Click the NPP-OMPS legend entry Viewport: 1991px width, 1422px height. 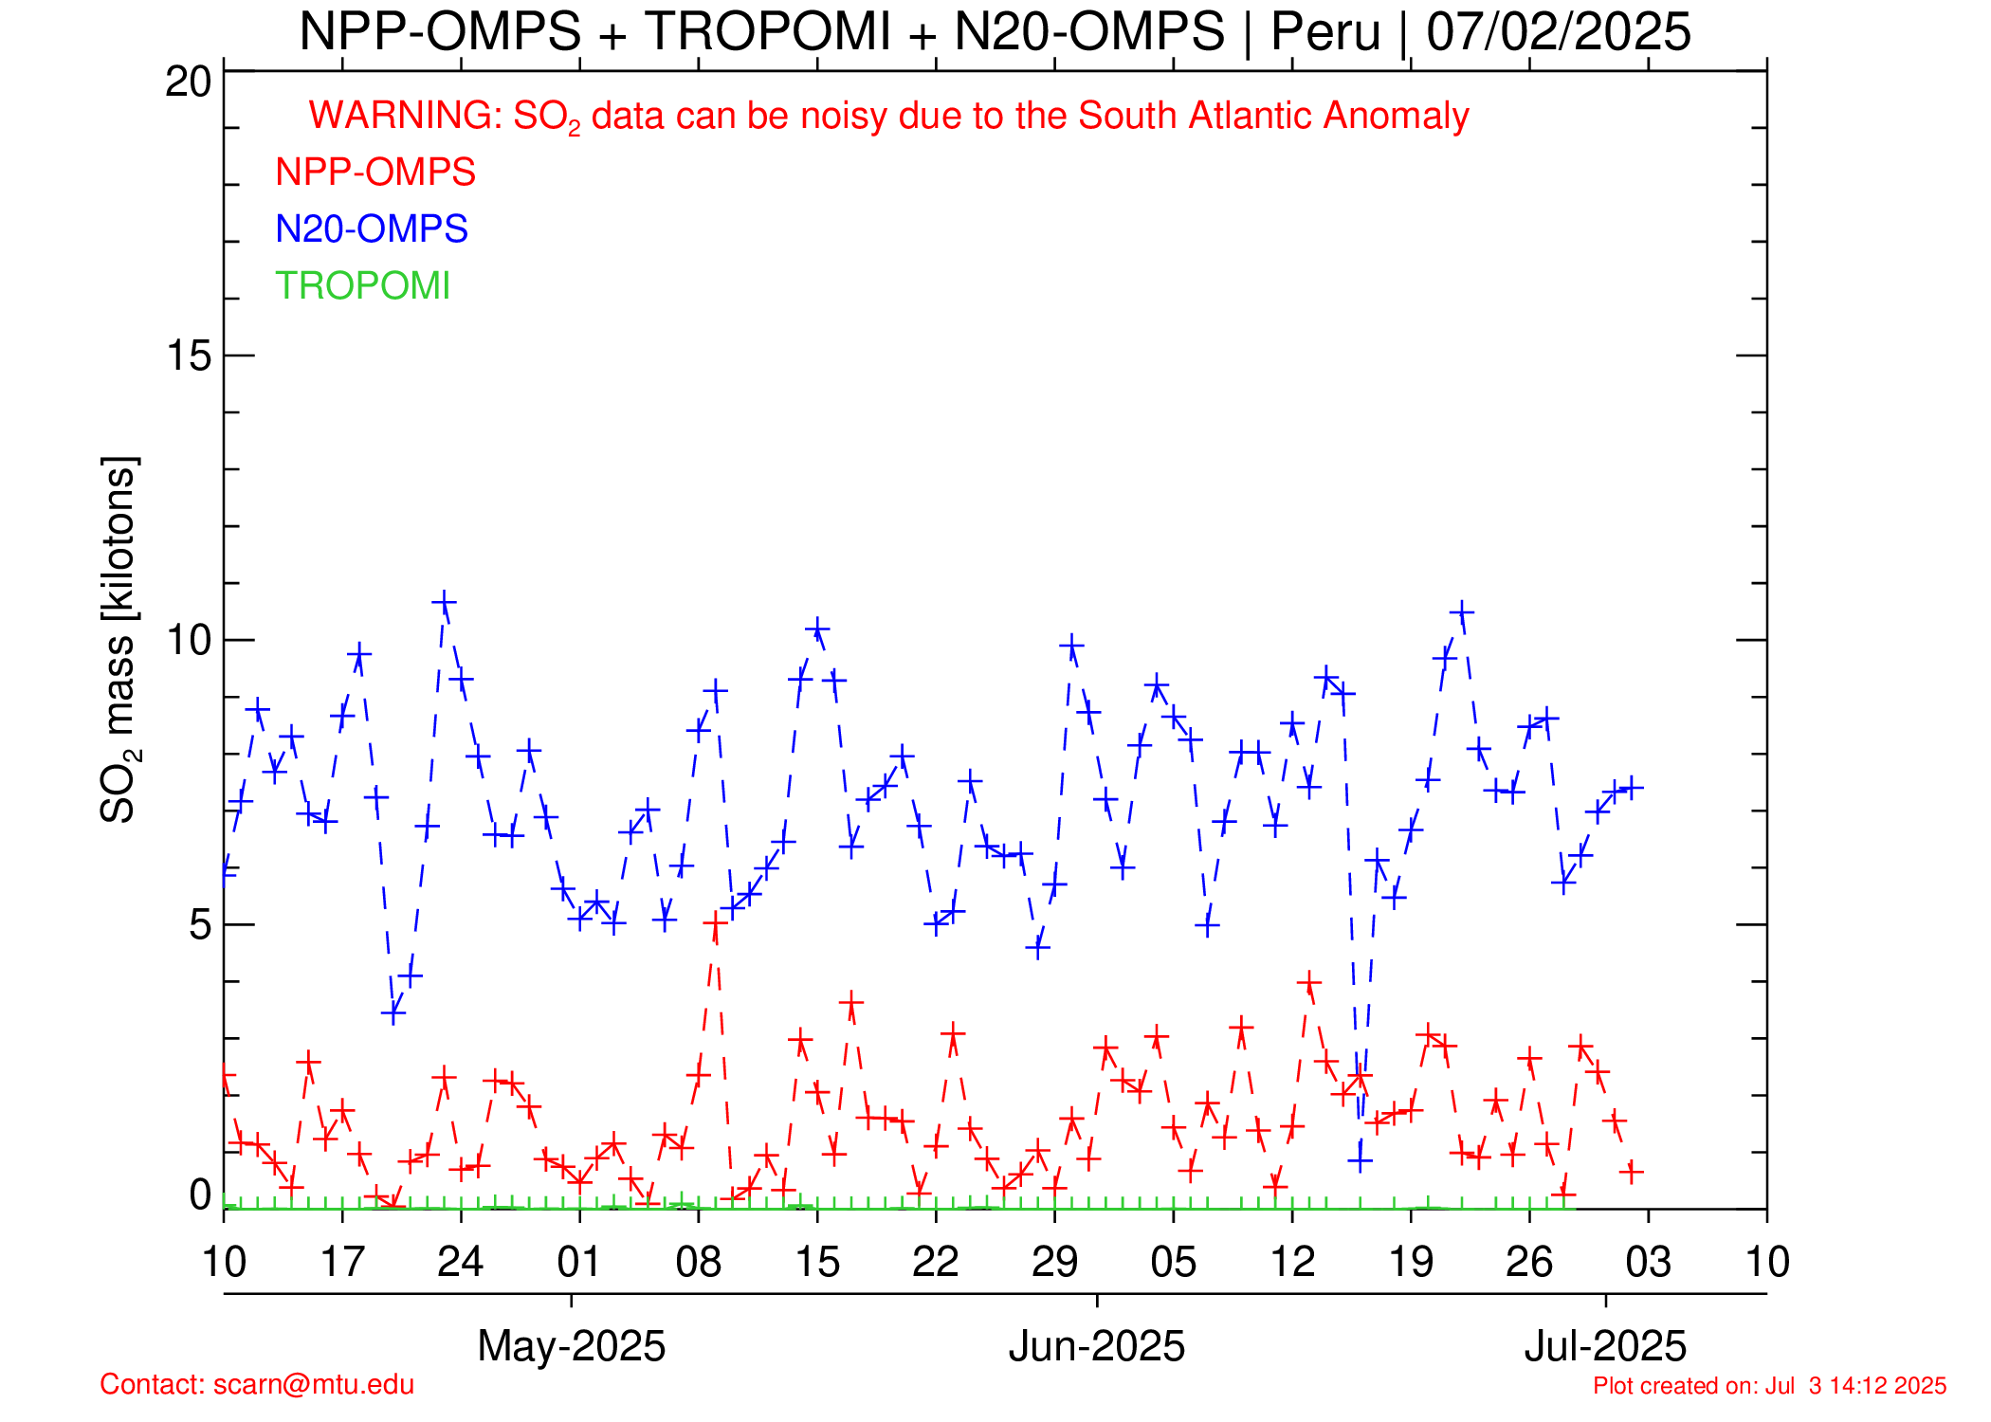(x=375, y=173)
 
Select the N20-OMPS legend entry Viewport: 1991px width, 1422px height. (x=372, y=229)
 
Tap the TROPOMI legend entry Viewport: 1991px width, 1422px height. (x=362, y=286)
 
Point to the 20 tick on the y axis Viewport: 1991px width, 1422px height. (x=189, y=82)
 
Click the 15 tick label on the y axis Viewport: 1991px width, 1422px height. (x=189, y=356)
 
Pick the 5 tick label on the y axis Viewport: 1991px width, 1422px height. (x=200, y=924)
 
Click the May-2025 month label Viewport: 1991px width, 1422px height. (x=571, y=1346)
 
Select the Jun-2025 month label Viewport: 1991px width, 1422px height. (x=1096, y=1346)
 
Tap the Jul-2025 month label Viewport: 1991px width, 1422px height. (x=1605, y=1346)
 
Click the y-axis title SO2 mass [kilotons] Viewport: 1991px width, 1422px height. (x=119, y=640)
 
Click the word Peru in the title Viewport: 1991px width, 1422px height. (x=1325, y=32)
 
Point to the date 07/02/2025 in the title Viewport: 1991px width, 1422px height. (x=1559, y=32)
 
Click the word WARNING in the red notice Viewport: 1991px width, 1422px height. (x=406, y=116)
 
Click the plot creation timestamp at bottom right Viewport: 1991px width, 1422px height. (x=1769, y=1386)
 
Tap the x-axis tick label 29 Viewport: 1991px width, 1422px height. (x=1054, y=1263)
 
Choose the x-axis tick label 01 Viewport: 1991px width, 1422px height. (x=579, y=1263)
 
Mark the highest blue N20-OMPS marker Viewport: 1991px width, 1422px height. (x=444, y=603)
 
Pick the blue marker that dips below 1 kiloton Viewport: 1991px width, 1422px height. (x=1361, y=1160)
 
